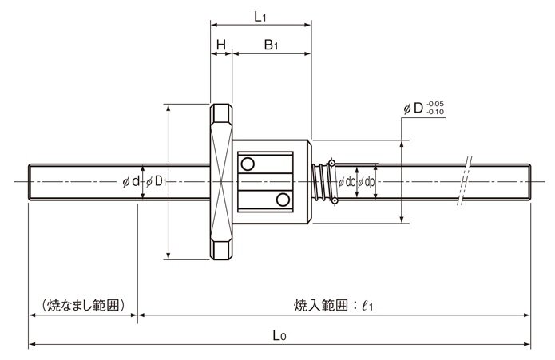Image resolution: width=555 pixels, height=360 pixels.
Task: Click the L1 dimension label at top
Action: point(260,17)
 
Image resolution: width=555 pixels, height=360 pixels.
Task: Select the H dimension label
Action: point(221,45)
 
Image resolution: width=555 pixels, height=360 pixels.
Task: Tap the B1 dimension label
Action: point(271,45)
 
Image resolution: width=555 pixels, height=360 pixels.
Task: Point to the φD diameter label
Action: point(414,109)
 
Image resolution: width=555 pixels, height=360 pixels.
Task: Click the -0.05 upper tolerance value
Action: point(435,104)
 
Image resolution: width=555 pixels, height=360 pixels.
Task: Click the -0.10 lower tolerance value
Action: point(435,112)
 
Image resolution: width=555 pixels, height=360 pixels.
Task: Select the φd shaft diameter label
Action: point(131,182)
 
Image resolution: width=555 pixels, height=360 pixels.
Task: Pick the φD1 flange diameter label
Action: point(156,182)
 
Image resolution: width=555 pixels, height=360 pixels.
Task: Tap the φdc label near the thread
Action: point(346,182)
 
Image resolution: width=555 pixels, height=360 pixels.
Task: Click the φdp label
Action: point(366,183)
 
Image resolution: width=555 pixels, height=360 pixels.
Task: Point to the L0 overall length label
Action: point(279,335)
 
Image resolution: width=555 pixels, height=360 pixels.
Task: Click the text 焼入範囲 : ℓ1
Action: point(333,305)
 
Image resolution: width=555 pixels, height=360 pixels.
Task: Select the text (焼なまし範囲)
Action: point(83,305)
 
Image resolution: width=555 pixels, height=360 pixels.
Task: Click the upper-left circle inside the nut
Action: point(248,164)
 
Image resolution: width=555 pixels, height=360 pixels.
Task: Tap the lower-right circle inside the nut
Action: point(283,200)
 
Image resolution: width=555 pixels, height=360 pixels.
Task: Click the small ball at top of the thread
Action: point(331,163)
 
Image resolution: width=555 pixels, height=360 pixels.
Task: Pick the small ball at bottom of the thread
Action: point(335,201)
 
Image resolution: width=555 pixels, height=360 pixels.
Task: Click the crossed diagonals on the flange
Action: point(221,182)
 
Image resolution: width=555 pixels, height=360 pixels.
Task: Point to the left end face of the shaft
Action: point(29,182)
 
